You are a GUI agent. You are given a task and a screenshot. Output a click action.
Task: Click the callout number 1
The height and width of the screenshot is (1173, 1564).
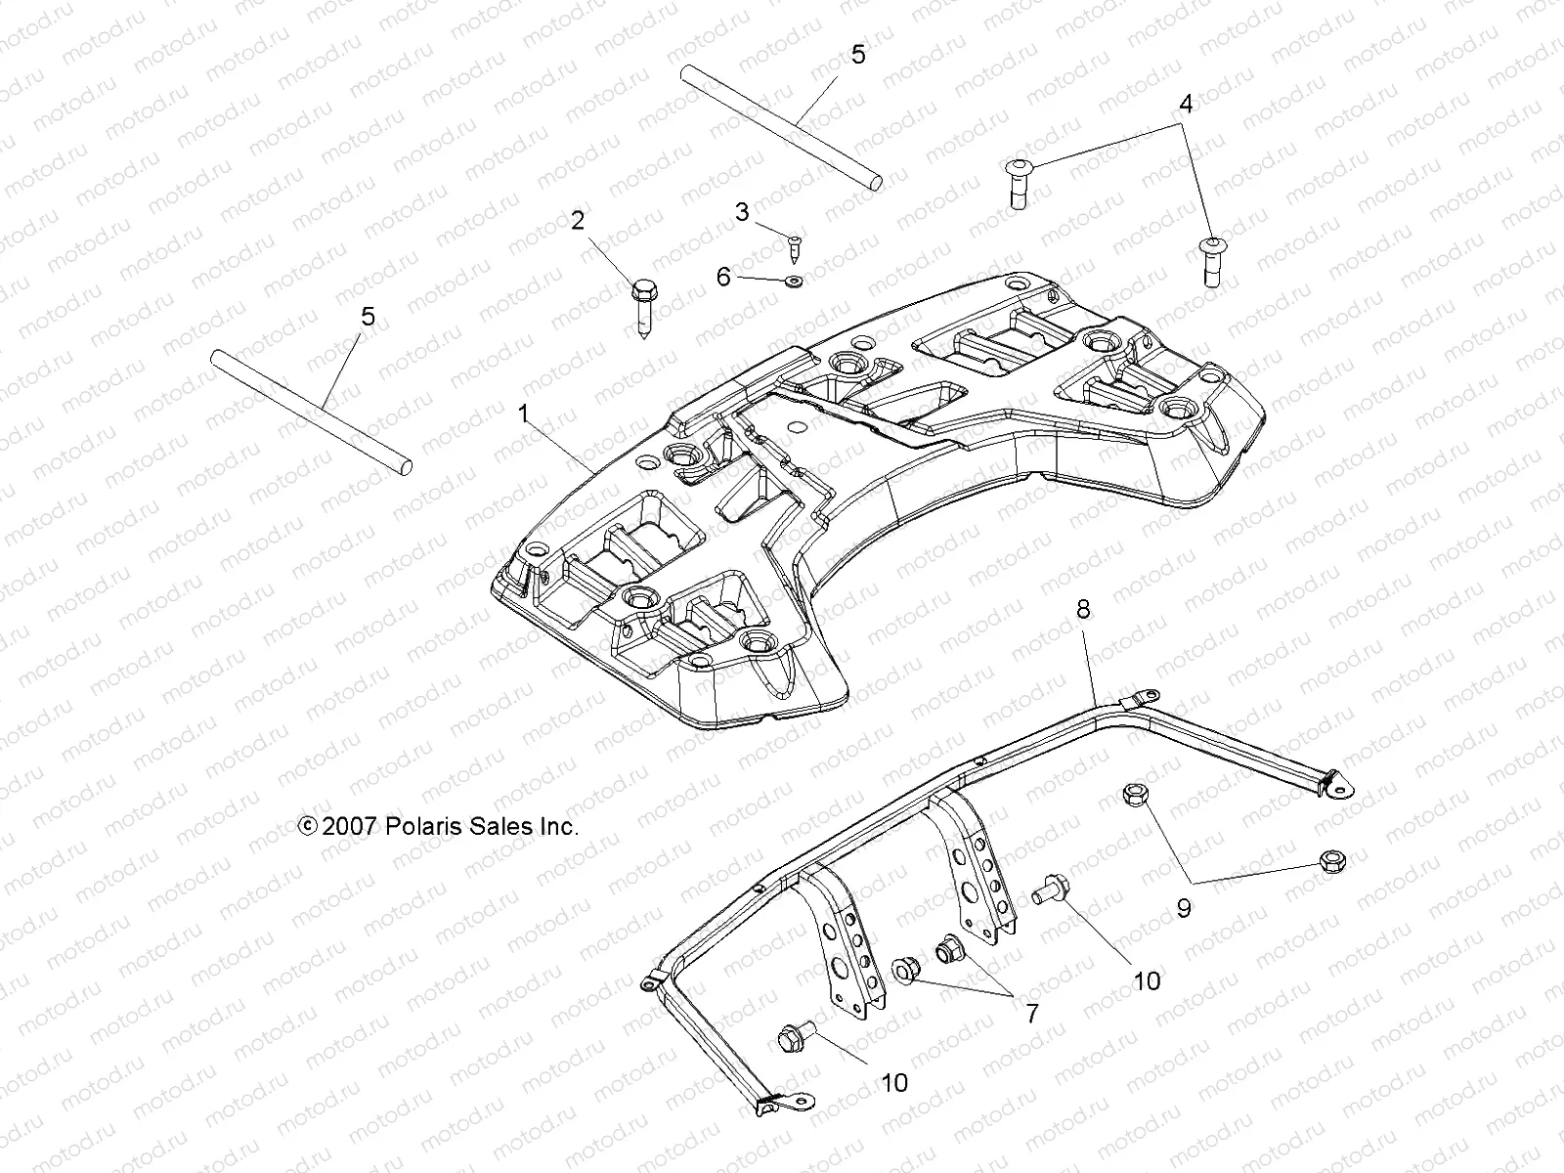[523, 414]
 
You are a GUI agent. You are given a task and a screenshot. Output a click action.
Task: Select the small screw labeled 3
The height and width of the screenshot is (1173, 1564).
[794, 250]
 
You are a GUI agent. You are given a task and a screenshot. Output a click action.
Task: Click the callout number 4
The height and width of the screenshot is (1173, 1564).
[1185, 104]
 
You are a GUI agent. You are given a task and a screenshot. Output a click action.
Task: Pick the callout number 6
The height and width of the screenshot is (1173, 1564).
[723, 277]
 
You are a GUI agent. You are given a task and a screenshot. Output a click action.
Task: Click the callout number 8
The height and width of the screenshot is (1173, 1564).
[1082, 609]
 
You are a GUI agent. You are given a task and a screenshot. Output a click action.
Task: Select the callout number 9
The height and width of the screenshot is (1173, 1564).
[1184, 908]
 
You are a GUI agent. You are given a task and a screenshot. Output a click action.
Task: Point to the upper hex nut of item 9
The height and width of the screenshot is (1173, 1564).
[1134, 794]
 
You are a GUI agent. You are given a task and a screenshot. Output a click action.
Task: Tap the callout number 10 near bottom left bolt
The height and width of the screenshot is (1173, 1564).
[893, 1082]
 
